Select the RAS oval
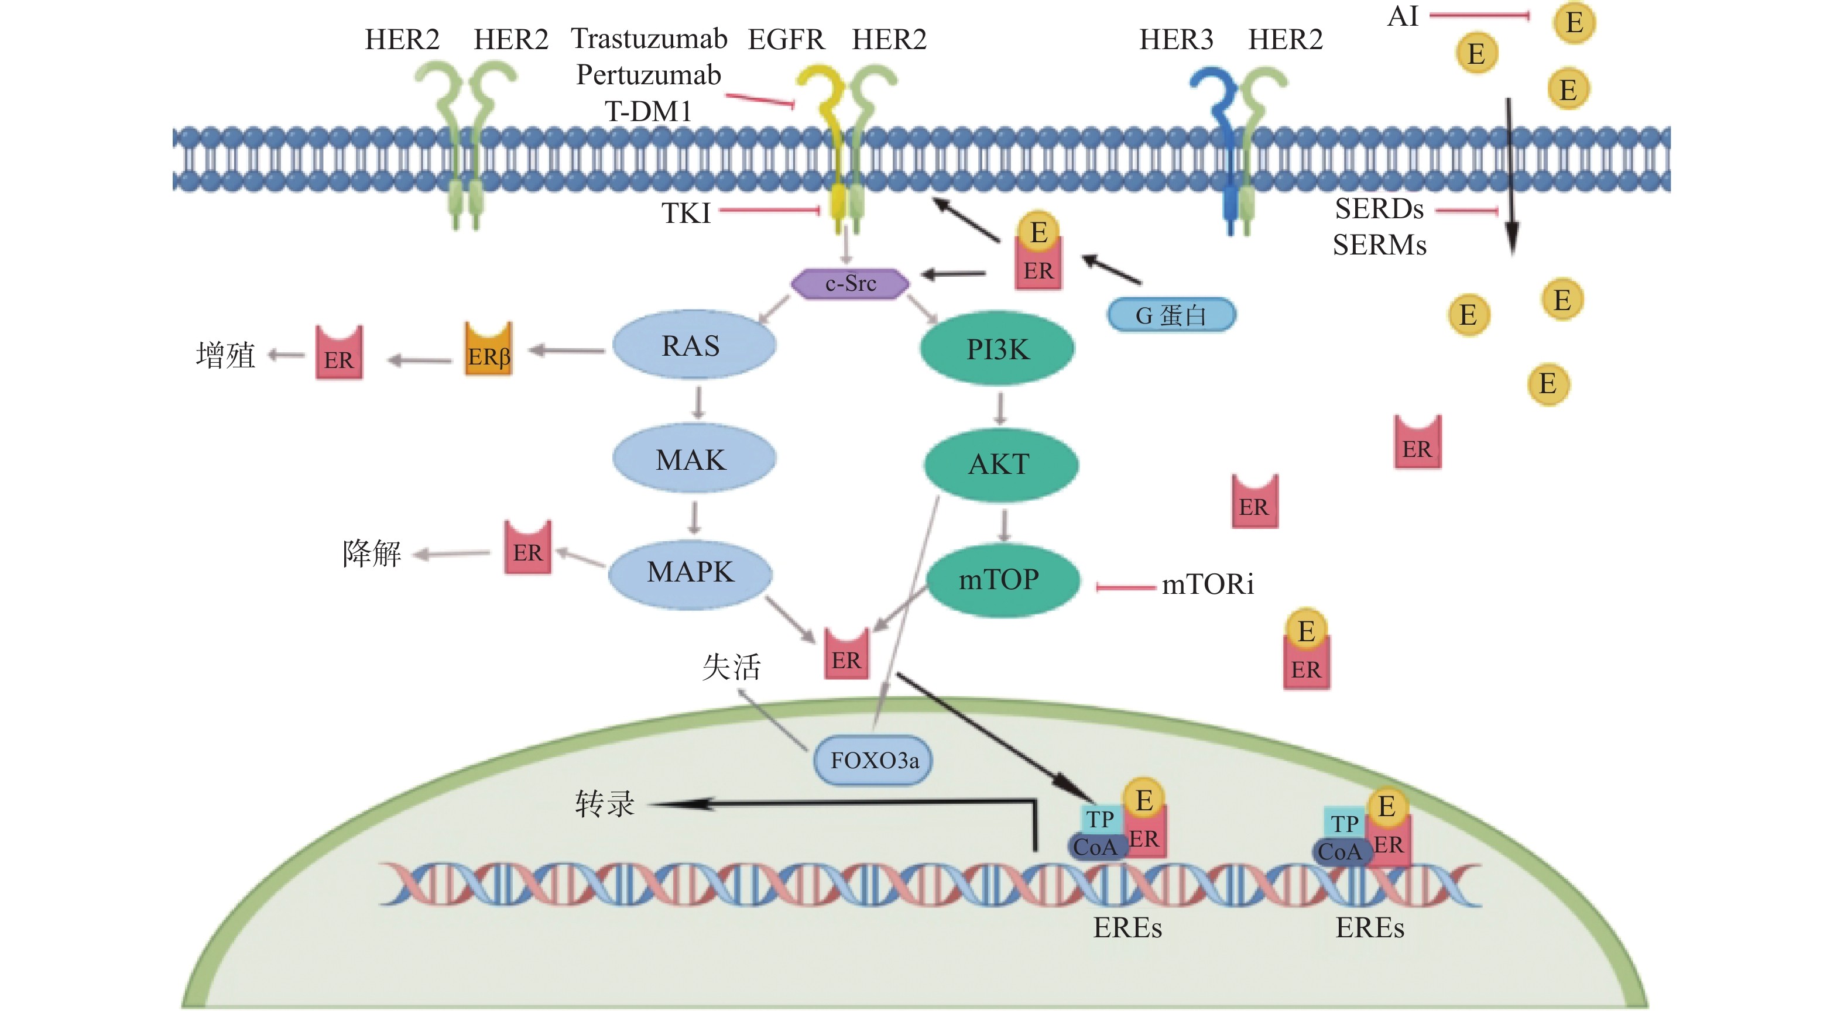tap(693, 346)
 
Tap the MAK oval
tap(693, 459)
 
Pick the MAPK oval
tap(690, 572)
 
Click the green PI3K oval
tap(997, 349)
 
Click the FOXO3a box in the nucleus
tap(874, 760)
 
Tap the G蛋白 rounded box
tap(1171, 315)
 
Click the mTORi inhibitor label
tap(1208, 585)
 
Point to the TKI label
tap(685, 213)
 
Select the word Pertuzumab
tap(649, 75)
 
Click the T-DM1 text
tap(649, 112)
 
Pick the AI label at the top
tap(1403, 16)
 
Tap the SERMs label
tap(1379, 245)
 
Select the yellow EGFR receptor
tap(830, 143)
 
